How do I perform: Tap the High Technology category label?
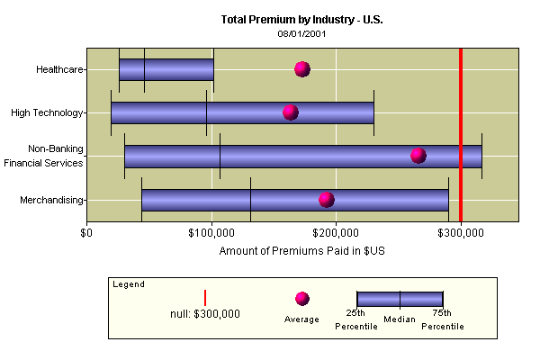(47, 112)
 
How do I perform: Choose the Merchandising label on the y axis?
(52, 200)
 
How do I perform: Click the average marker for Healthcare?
(302, 69)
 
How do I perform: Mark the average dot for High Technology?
(290, 112)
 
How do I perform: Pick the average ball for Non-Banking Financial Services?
(418, 156)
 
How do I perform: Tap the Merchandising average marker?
(327, 200)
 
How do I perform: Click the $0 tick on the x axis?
(87, 233)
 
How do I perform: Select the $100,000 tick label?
(212, 233)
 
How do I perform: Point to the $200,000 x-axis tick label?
(337, 233)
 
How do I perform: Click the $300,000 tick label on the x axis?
(462, 233)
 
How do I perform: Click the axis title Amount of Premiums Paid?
(301, 250)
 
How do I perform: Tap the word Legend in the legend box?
(129, 283)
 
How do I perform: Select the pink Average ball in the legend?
(301, 299)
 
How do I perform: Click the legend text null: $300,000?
(205, 314)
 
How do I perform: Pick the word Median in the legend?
(399, 319)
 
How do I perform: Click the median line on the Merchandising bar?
(250, 200)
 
